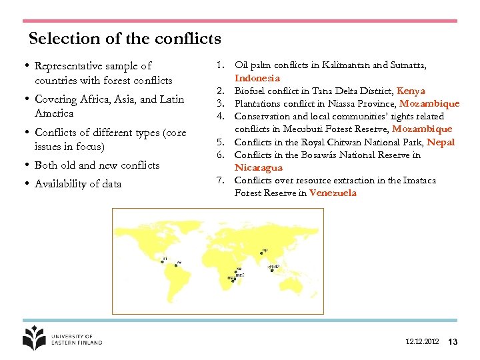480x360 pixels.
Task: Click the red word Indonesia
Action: pos(257,78)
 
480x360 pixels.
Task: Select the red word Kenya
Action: pos(411,91)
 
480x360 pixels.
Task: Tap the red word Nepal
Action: pos(440,142)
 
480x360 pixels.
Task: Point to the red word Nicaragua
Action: pos(259,167)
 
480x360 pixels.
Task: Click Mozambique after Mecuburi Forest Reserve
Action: pos(422,129)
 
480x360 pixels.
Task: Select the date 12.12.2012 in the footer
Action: pos(422,341)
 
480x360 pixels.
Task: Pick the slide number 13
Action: pos(453,341)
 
